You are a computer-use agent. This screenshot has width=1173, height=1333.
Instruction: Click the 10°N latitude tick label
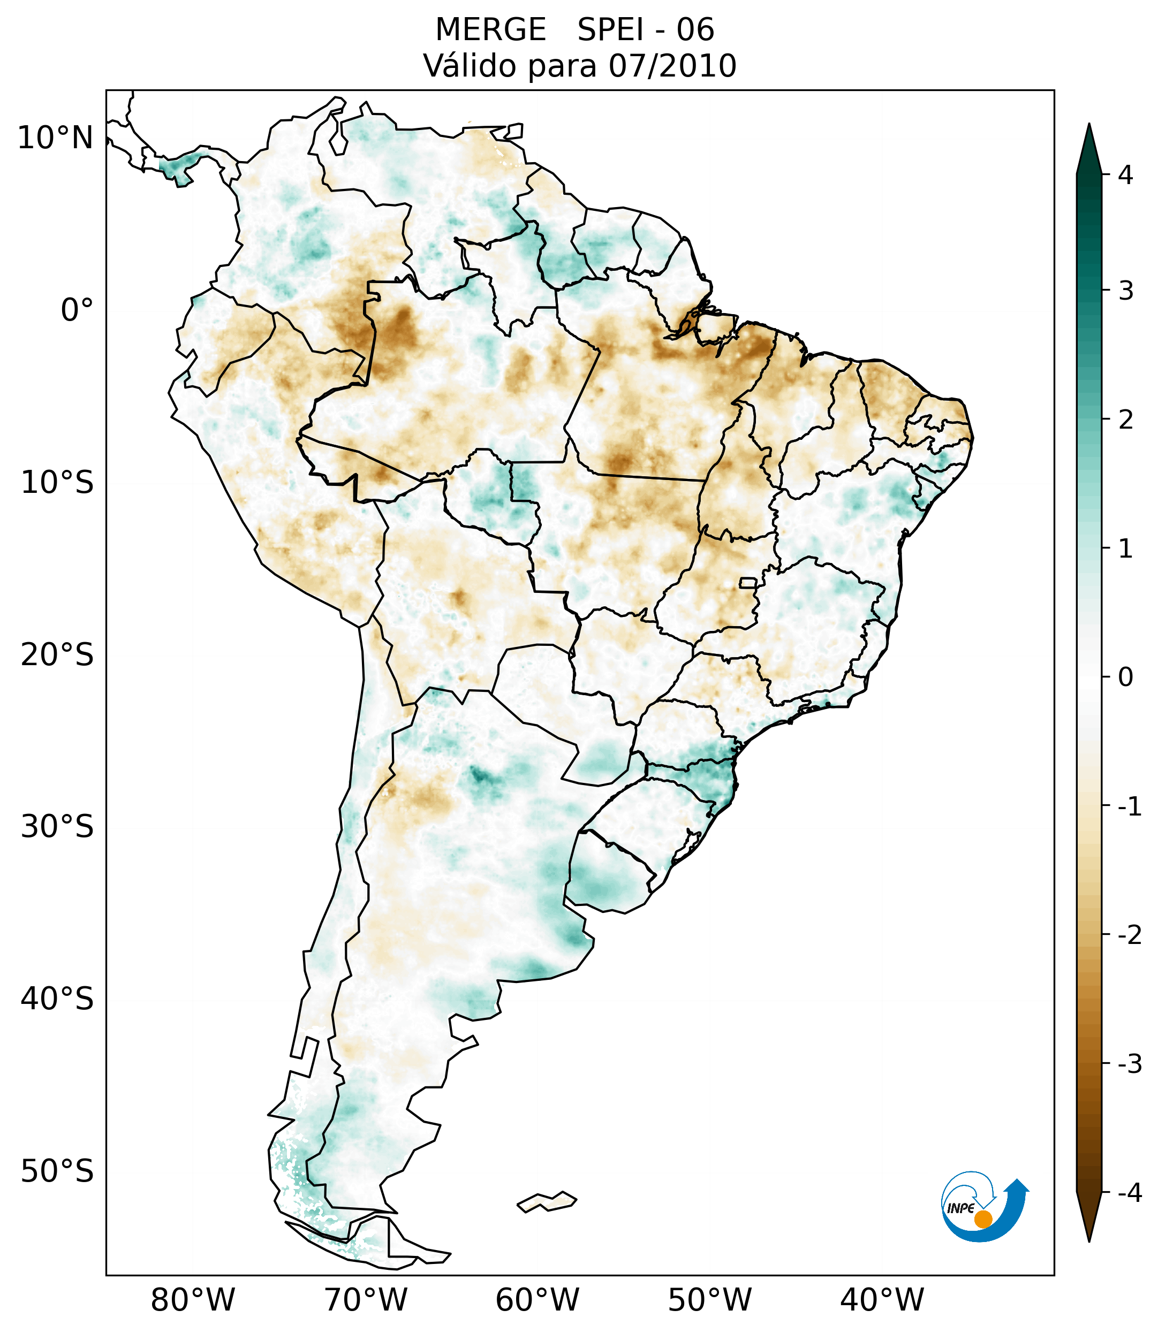(56, 138)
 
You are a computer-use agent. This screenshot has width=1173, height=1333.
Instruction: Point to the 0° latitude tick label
(77, 310)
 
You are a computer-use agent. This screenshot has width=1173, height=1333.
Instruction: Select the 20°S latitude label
(57, 654)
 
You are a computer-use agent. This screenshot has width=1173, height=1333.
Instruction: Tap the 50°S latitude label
(57, 1171)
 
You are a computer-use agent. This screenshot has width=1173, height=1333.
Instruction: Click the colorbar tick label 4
(1125, 175)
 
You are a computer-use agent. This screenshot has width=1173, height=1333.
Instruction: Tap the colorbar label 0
(1125, 677)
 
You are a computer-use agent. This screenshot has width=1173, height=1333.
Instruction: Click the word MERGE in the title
(490, 30)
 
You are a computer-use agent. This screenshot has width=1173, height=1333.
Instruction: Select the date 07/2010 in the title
(672, 66)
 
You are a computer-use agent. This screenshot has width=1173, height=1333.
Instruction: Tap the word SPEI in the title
(610, 30)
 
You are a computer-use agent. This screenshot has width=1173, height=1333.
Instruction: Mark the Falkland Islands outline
(547, 1201)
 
